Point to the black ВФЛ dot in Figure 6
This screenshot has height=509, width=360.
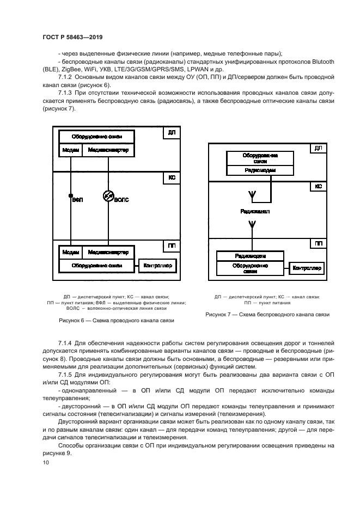click(x=70, y=195)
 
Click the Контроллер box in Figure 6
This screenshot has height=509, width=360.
click(x=157, y=266)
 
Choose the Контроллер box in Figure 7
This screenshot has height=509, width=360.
click(x=308, y=268)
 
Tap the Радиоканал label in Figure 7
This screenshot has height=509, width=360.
click(x=254, y=211)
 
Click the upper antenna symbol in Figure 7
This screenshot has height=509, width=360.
click(x=252, y=194)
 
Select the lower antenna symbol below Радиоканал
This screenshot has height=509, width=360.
click(x=252, y=224)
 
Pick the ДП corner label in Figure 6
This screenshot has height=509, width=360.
click(x=172, y=132)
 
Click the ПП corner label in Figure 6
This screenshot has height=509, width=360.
click(x=172, y=247)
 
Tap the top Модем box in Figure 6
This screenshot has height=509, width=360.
click(x=70, y=150)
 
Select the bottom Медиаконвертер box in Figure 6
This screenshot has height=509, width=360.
click(x=108, y=253)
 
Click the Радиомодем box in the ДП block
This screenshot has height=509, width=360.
click(x=260, y=170)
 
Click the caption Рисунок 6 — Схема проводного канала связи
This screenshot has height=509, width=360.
click(x=116, y=321)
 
